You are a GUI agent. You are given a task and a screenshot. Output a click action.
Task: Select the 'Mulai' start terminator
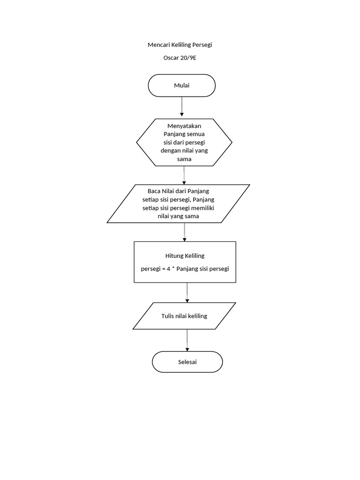pyautogui.click(x=182, y=85)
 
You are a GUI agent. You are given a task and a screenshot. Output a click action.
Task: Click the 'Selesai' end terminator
pyautogui.click(x=187, y=362)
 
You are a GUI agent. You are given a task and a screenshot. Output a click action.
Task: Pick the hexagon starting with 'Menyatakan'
pyautogui.click(x=184, y=142)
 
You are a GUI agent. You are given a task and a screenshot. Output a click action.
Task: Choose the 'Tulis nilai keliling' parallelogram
pyautogui.click(x=184, y=316)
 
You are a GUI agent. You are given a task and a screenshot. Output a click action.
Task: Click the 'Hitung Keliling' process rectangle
pyautogui.click(x=185, y=262)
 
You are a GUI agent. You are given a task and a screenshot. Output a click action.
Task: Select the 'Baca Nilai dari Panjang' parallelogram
pyautogui.click(x=179, y=203)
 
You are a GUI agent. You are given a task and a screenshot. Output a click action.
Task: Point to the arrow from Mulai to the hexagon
pyautogui.click(x=182, y=107)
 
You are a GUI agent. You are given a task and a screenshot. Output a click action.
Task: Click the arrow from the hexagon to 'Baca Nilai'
pyautogui.click(x=184, y=175)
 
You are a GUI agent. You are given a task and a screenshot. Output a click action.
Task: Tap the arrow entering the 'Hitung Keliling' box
pyautogui.click(x=185, y=232)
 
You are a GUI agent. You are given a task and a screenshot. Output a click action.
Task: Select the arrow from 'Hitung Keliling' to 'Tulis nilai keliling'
pyautogui.click(x=187, y=292)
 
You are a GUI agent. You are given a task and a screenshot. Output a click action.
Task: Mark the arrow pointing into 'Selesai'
pyautogui.click(x=187, y=340)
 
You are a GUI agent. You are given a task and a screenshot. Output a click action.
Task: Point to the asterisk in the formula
pyautogui.click(x=173, y=268)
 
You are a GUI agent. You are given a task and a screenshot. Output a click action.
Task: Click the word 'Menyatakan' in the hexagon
pyautogui.click(x=184, y=126)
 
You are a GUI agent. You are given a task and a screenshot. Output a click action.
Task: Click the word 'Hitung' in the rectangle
pyautogui.click(x=174, y=256)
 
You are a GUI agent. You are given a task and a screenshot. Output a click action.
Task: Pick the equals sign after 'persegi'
pyautogui.click(x=163, y=269)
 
